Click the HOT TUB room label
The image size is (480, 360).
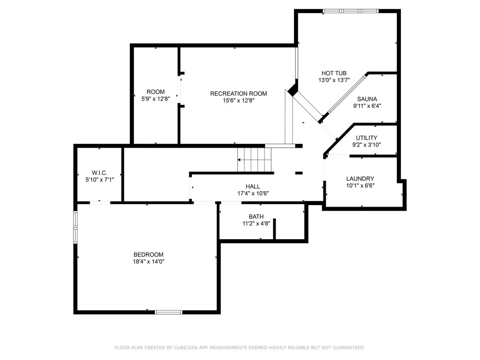(334, 73)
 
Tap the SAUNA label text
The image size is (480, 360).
(367, 99)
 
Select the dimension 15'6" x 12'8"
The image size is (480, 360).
(238, 100)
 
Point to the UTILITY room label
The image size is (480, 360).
(366, 138)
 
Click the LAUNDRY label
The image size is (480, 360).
(360, 178)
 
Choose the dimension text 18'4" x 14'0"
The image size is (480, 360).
(148, 262)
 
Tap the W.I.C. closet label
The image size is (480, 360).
(100, 173)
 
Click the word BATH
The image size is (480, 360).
(256, 217)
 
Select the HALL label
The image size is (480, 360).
(253, 186)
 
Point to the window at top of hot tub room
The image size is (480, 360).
(350, 11)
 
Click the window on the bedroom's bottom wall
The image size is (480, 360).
(168, 312)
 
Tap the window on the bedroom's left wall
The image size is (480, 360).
(75, 227)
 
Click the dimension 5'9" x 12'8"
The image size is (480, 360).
(156, 99)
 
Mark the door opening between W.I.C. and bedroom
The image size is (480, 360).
(100, 203)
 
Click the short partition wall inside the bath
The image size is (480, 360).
(274, 229)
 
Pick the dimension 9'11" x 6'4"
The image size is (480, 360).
(367, 106)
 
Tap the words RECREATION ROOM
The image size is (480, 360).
(238, 94)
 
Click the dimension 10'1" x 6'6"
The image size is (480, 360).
(360, 186)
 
